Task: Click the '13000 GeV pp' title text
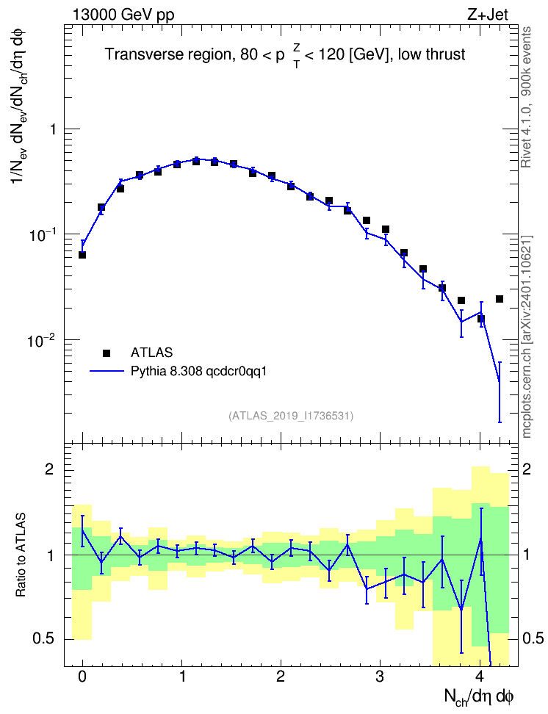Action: click(123, 15)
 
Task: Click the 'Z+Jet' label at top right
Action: click(488, 15)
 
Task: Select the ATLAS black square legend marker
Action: click(107, 353)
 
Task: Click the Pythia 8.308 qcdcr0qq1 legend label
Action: click(198, 372)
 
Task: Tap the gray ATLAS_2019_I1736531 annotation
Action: click(291, 416)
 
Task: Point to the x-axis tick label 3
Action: click(380, 677)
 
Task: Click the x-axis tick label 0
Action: click(82, 677)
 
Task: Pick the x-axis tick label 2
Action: click(280, 677)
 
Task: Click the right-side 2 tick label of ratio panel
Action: click(527, 469)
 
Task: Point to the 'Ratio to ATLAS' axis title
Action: click(21, 555)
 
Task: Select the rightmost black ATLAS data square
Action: click(500, 299)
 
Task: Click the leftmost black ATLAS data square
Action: click(82, 255)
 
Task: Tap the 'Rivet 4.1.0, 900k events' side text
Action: click(526, 97)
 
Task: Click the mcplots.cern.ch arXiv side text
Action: click(527, 337)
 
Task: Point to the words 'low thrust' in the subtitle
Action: click(431, 54)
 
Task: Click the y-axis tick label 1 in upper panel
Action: click(54, 129)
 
